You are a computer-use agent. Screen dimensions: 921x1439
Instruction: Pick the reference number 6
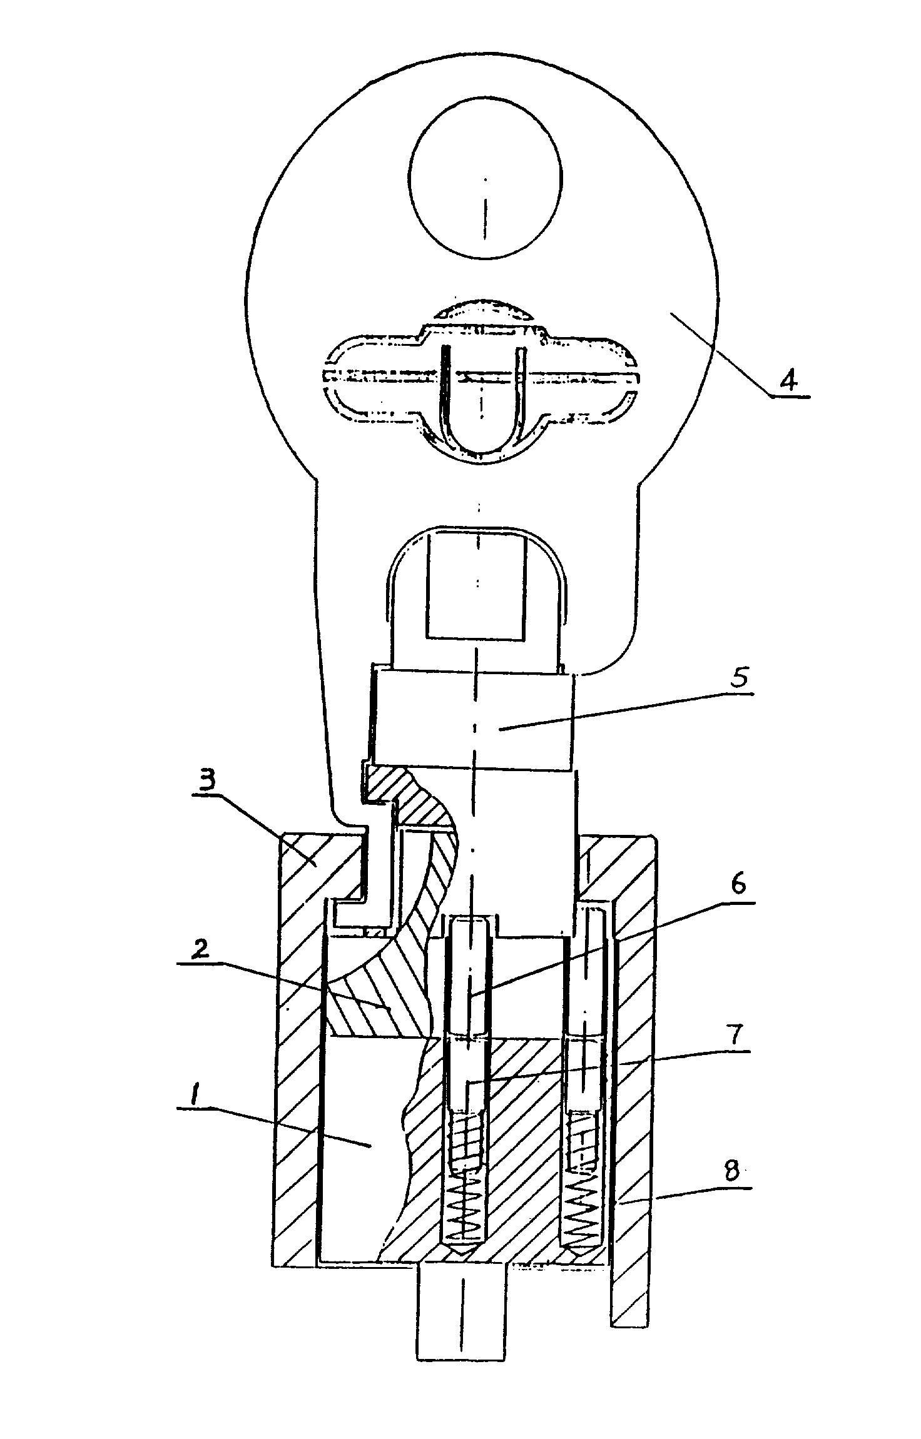pos(739,886)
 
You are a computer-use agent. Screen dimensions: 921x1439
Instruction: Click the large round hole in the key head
pos(486,178)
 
